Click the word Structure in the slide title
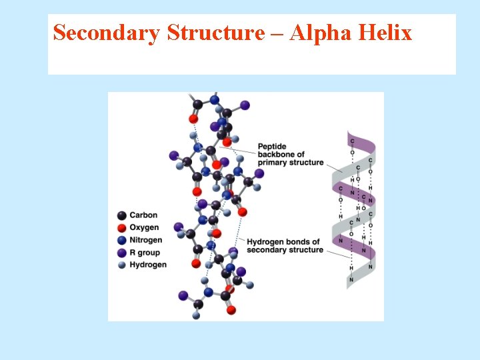[x=215, y=33]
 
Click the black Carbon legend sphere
[x=121, y=215]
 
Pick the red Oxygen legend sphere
[x=121, y=228]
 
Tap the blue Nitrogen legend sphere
[x=121, y=240]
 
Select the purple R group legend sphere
[x=121, y=253]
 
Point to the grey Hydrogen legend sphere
[x=121, y=265]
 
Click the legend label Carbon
[x=143, y=215]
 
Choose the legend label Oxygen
[x=144, y=228]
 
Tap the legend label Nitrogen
[x=146, y=240]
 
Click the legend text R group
[x=145, y=253]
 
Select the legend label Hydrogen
[x=148, y=265]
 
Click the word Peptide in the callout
[x=272, y=147]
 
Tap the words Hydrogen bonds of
[x=283, y=242]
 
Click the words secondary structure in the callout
[x=285, y=250]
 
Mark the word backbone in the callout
[x=273, y=155]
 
